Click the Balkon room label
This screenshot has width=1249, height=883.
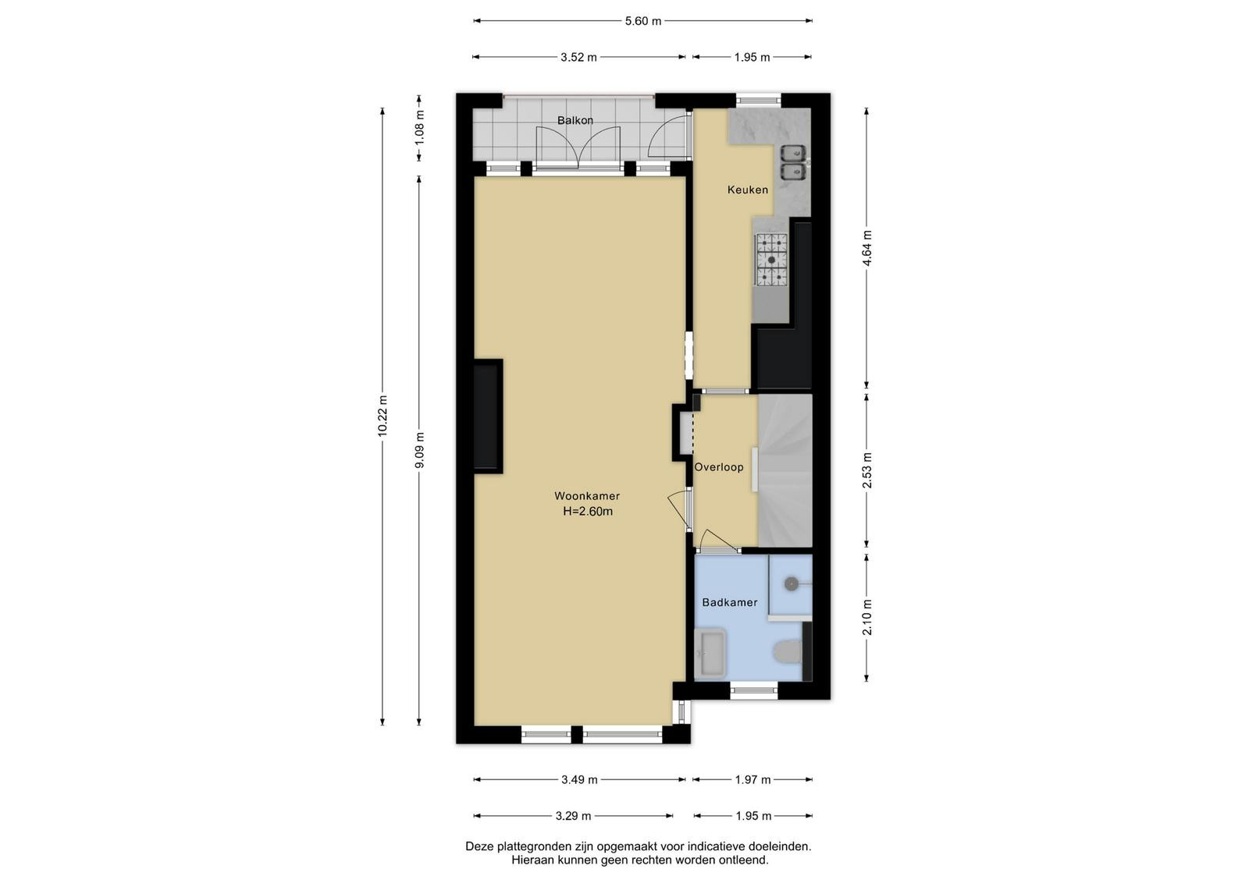575,120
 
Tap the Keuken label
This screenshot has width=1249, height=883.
748,190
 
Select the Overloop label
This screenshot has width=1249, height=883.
719,467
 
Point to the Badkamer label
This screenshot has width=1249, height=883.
730,602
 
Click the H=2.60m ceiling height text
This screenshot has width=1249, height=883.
588,512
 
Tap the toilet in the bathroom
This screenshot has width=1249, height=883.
788,651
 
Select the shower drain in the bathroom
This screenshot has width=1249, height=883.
792,583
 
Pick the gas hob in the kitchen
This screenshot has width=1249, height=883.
772,260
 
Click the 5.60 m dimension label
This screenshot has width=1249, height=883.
643,21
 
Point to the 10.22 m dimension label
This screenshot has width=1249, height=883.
383,416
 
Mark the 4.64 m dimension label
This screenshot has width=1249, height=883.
867,248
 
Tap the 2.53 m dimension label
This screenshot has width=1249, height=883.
867,470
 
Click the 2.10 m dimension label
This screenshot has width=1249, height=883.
867,617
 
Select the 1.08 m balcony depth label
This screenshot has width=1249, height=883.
420,128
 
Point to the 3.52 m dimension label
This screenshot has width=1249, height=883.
578,58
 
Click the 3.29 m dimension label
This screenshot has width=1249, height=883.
573,816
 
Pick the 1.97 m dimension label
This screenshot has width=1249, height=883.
753,780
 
